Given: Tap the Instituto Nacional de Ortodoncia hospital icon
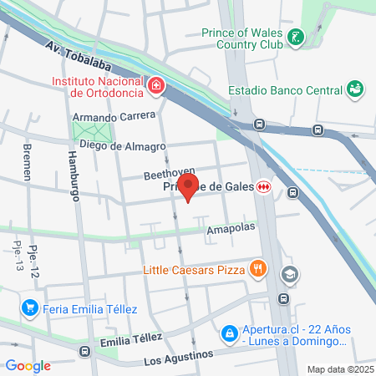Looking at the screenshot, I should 155,86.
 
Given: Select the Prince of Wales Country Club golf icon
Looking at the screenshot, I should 296,37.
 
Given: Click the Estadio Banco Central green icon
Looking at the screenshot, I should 355,88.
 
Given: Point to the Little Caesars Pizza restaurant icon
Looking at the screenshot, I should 259,269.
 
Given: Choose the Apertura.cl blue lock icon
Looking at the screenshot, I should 227,334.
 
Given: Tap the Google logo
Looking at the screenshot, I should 28,365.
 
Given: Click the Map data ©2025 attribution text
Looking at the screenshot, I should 338,369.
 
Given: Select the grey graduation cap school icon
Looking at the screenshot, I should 289,273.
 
